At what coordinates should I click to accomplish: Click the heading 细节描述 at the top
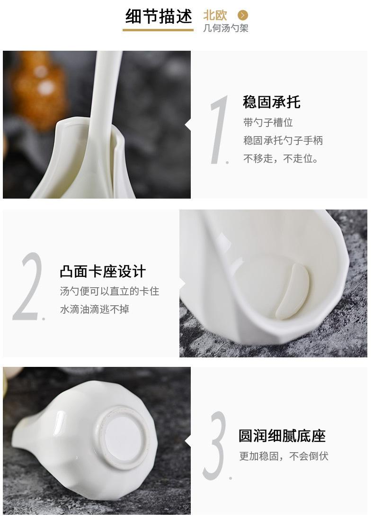point(158,16)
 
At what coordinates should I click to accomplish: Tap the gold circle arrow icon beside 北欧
point(242,16)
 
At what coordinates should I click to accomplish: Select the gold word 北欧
point(215,15)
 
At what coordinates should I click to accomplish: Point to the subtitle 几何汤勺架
point(225,28)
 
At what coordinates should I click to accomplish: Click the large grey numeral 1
point(218,130)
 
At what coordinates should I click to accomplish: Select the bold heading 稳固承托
point(271,102)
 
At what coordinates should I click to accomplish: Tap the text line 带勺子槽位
point(268,123)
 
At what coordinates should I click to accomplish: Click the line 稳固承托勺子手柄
point(283,140)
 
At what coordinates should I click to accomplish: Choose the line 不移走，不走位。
point(281,159)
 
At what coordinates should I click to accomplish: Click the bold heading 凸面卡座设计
point(103,272)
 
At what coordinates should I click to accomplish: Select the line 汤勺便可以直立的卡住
point(109,291)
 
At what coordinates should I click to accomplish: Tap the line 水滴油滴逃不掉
point(94,310)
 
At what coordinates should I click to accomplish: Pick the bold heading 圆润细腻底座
point(282,436)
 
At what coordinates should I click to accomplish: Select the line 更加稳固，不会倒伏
point(283,456)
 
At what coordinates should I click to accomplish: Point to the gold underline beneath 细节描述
point(158,30)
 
